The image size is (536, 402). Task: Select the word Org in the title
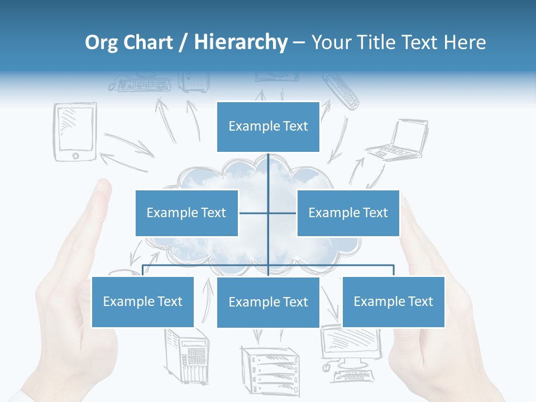(x=102, y=42)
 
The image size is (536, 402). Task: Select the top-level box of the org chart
(x=268, y=127)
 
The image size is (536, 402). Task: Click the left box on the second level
(x=186, y=213)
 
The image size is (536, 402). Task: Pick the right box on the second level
(x=348, y=213)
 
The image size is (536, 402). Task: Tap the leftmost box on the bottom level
(x=142, y=301)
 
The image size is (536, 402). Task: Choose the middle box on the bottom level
(x=268, y=302)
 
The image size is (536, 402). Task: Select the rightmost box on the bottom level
(x=393, y=301)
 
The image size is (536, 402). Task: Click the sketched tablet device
(x=75, y=132)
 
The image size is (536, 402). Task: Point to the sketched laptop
(x=398, y=141)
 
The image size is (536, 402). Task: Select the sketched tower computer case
(x=187, y=357)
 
